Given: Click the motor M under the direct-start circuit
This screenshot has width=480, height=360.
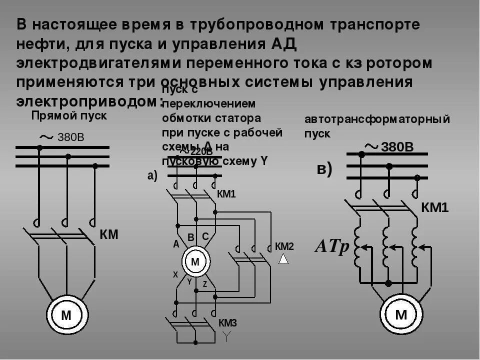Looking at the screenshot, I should (66, 315).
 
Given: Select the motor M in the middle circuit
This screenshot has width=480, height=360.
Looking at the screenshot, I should (195, 261).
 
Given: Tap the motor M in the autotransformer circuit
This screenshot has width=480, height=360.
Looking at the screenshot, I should (401, 314).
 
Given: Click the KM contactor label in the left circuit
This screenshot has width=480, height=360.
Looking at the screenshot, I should (109, 234).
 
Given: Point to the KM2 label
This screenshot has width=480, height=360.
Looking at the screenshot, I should (284, 246).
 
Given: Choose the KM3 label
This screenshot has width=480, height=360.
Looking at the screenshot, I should (227, 323).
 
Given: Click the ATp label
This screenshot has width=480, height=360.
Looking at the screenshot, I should (331, 246).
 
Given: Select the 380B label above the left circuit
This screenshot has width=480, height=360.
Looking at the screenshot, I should (71, 137).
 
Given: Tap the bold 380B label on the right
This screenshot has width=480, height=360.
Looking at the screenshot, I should (398, 146).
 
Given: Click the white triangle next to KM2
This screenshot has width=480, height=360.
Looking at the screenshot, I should (283, 258).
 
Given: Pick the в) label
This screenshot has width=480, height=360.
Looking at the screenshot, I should (324, 169).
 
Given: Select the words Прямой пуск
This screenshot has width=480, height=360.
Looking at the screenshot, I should (69, 116).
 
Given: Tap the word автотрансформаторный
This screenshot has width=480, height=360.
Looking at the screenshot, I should (377, 120).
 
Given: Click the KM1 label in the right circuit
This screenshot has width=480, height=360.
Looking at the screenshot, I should (435, 207).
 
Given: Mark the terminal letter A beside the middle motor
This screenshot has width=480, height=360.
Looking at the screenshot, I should (176, 244).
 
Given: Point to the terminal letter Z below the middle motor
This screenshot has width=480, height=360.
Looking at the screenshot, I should (205, 283).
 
